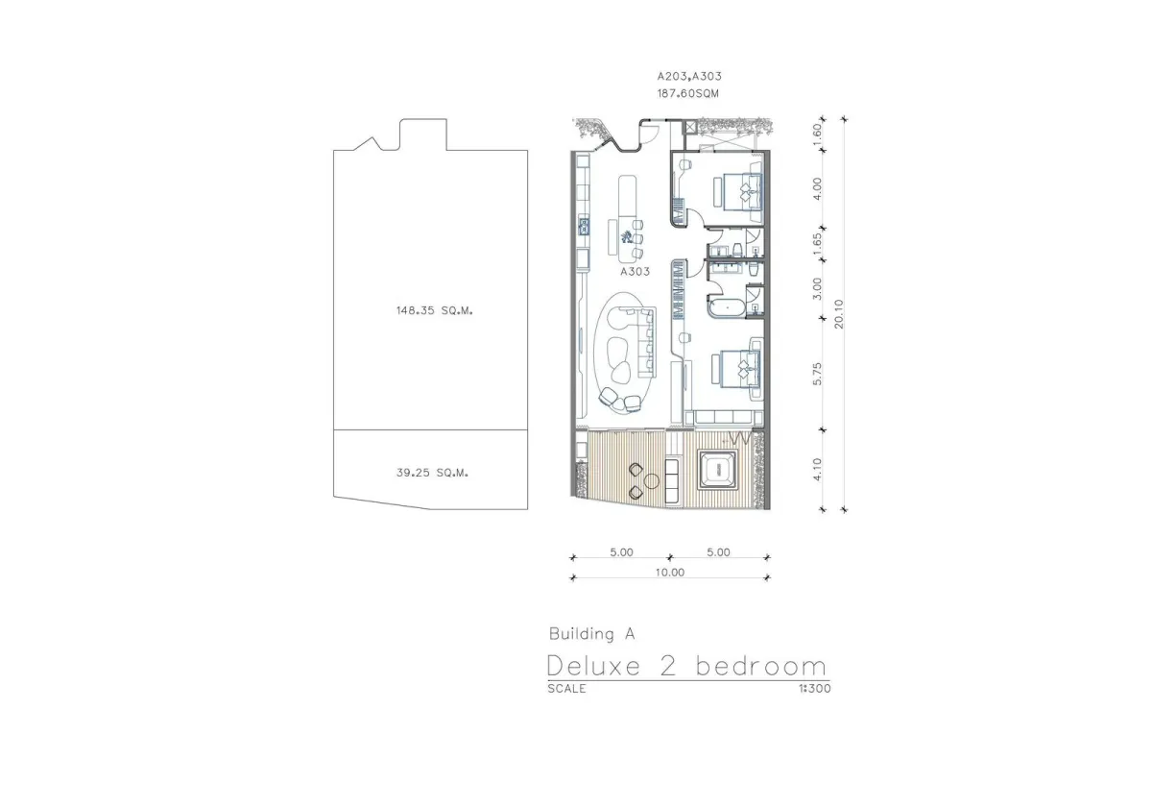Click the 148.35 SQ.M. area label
point(435,311)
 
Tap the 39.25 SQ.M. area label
point(433,473)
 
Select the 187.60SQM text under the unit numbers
point(688,94)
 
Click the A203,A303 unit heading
point(689,76)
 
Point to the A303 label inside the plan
point(636,271)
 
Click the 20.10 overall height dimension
point(839,314)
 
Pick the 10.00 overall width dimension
point(670,573)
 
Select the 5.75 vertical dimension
point(817,374)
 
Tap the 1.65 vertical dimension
point(817,243)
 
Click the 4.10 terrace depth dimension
point(817,470)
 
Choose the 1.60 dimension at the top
point(817,134)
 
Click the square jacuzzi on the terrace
point(717,470)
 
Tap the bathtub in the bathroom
point(727,307)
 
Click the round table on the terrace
point(652,481)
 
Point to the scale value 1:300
point(815,689)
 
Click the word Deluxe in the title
point(594,666)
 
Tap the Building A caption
point(592,634)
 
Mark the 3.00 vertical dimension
point(817,289)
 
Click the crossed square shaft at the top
point(690,127)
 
